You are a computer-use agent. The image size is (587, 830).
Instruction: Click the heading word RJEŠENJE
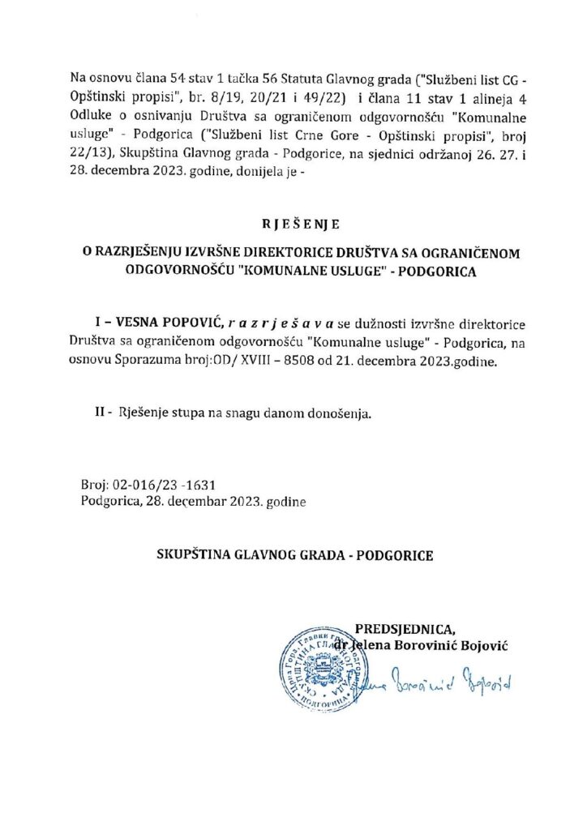pos(293,221)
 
